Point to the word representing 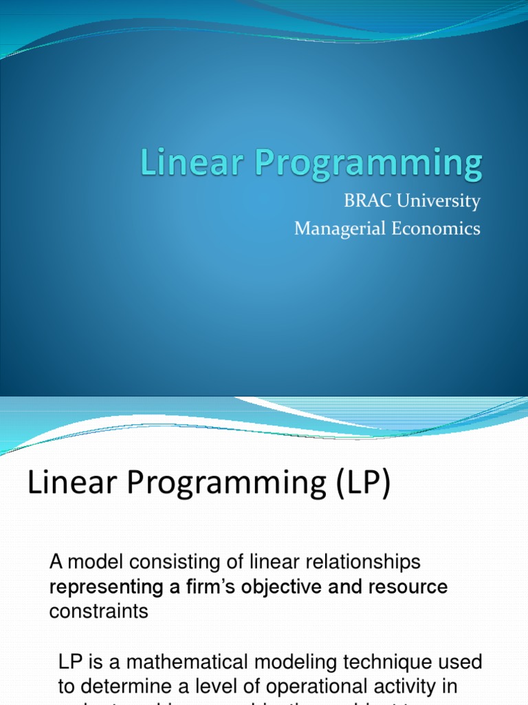tap(105, 587)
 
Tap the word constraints tap(98, 611)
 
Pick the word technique tap(370, 662)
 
